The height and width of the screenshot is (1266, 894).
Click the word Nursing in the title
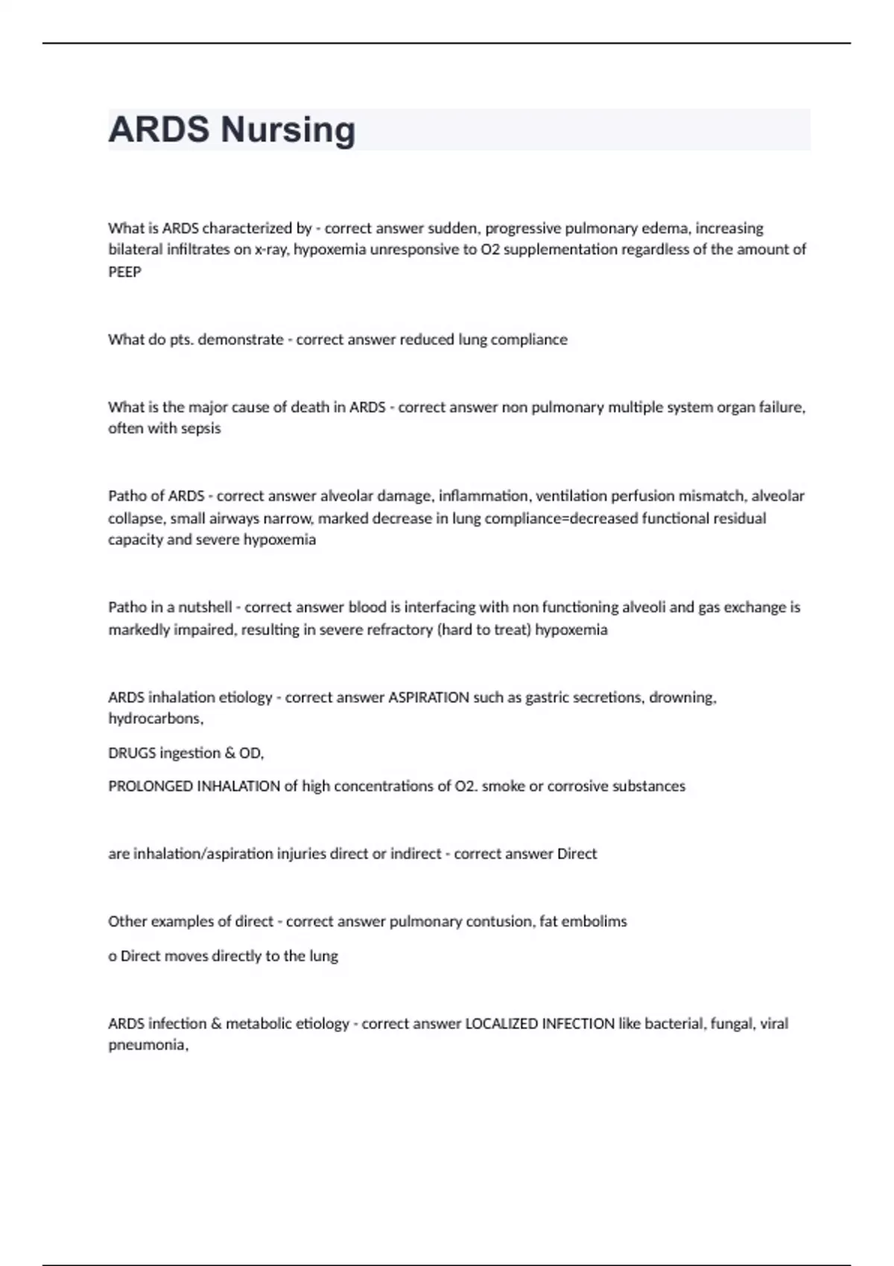pyautogui.click(x=288, y=130)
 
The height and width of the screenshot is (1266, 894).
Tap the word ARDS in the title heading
pyautogui.click(x=159, y=130)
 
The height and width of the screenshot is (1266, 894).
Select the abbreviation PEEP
pyautogui.click(x=124, y=272)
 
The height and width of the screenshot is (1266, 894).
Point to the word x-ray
pyautogui.click(x=272, y=249)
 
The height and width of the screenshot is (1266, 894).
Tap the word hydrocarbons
pyautogui.click(x=155, y=719)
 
